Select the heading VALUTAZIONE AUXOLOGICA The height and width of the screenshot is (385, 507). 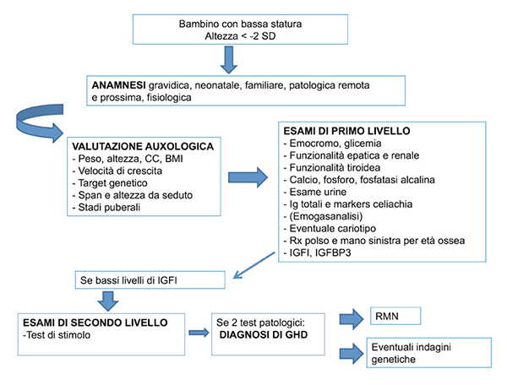[x=143, y=147]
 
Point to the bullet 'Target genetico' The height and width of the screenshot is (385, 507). [x=111, y=183]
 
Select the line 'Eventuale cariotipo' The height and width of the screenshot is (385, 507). [x=330, y=228]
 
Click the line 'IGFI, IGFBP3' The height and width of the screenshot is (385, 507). [x=318, y=252]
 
